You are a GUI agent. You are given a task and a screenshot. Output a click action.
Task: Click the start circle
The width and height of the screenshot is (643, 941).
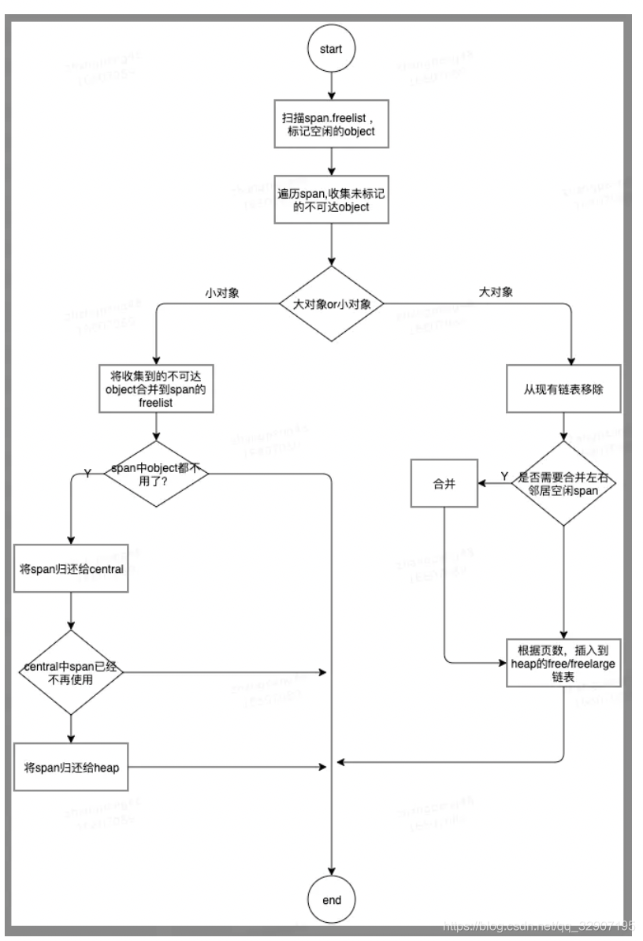coord(332,48)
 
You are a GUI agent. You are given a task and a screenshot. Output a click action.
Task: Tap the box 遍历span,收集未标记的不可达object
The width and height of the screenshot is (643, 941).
coord(332,199)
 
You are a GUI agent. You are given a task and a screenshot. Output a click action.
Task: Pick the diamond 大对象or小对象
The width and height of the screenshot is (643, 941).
coord(332,303)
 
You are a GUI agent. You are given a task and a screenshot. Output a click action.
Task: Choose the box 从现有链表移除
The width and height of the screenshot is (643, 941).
coord(563,389)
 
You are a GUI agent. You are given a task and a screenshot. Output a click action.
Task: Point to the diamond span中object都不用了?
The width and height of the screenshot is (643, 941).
coord(158,474)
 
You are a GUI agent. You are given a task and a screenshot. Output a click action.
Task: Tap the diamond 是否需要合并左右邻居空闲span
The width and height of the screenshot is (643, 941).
coord(563,483)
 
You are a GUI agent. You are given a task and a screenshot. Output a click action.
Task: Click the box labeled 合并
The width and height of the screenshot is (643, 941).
coord(447,484)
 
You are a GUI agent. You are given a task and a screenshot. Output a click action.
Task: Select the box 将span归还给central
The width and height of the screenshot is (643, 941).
coord(72,567)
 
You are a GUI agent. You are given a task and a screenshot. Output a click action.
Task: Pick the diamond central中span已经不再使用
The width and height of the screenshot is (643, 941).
coord(72,672)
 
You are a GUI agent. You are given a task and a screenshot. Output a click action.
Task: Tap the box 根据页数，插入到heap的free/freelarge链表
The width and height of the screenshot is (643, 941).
coord(563,662)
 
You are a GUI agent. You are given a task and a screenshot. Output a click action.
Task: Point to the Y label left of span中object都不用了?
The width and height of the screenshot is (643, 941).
coord(87,473)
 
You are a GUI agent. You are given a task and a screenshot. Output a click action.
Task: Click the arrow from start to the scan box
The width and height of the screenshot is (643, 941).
coord(332,85)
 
